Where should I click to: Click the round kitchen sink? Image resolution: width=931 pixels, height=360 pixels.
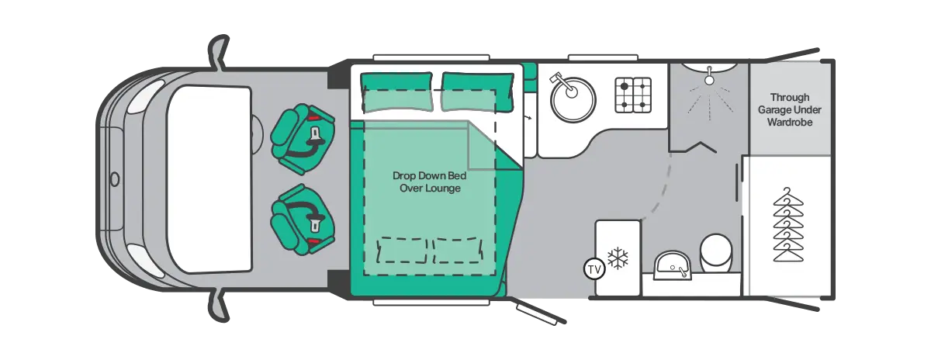click(573, 100)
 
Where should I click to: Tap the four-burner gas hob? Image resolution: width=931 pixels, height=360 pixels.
click(633, 95)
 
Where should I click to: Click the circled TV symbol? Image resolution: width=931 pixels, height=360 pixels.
click(594, 269)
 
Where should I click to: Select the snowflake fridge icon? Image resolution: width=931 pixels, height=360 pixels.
click(618, 258)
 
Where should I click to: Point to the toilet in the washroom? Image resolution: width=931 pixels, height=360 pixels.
click(715, 252)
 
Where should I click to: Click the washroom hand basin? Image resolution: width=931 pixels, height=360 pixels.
click(673, 265)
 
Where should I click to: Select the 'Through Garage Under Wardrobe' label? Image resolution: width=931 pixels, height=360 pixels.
click(789, 109)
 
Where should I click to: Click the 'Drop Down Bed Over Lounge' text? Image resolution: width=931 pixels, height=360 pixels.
click(430, 182)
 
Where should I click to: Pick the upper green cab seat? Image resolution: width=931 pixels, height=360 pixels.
click(303, 138)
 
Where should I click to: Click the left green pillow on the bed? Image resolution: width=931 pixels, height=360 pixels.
click(396, 92)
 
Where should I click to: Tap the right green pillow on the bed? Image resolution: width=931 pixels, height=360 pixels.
click(477, 92)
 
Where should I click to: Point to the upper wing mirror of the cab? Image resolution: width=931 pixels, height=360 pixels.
click(219, 52)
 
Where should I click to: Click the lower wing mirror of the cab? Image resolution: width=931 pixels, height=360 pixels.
click(219, 306)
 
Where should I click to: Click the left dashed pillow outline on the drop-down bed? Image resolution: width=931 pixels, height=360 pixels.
click(402, 251)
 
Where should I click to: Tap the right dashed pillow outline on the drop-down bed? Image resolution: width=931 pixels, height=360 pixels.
click(458, 251)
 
